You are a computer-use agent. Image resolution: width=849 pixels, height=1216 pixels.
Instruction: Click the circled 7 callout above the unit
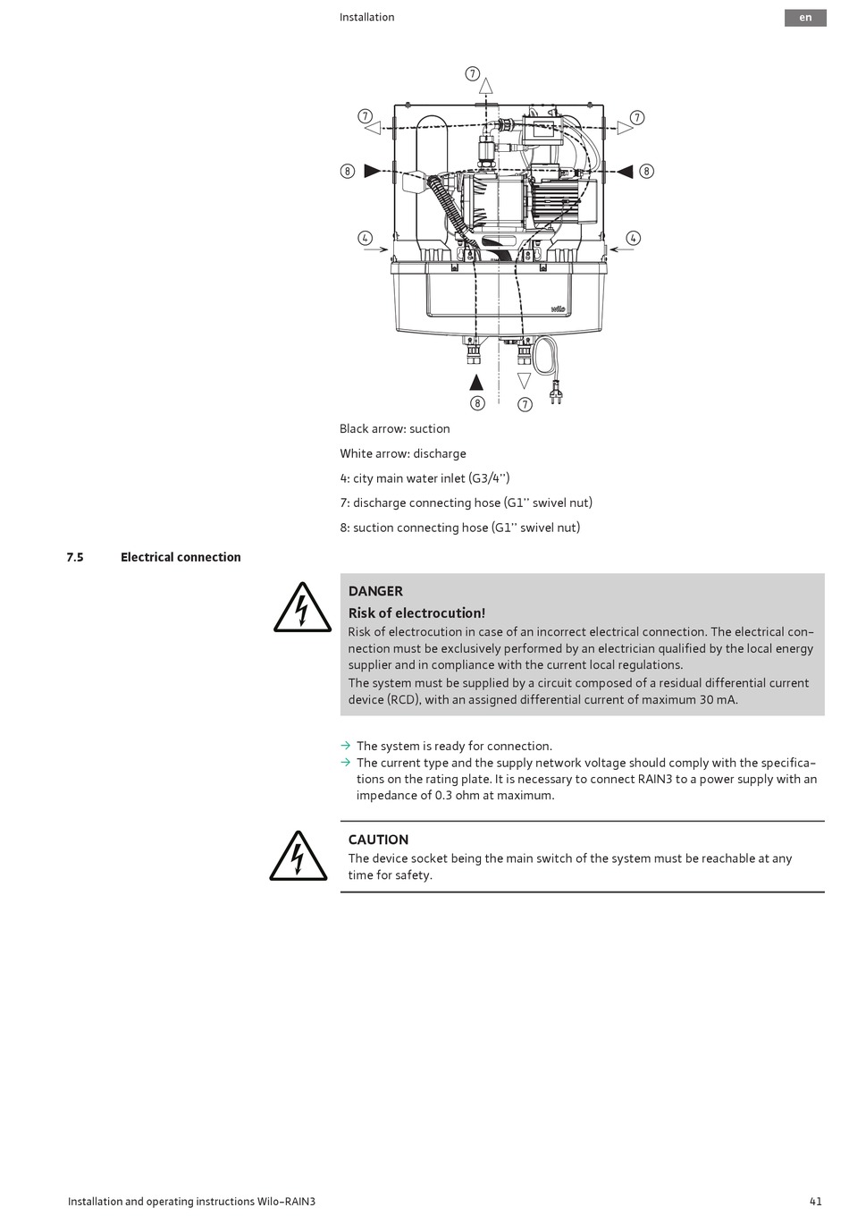pos(473,74)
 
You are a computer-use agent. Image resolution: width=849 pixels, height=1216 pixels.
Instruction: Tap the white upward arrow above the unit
pos(485,87)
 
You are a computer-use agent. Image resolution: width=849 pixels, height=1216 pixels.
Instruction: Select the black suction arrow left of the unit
pos(373,171)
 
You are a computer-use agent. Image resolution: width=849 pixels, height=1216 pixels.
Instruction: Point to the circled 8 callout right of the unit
pos(647,171)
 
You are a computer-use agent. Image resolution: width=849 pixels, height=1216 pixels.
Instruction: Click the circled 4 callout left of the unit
pos(365,238)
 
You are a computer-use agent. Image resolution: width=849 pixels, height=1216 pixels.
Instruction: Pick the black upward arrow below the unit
pos(476,383)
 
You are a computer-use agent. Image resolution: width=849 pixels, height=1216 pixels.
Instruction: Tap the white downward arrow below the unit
pos(525,382)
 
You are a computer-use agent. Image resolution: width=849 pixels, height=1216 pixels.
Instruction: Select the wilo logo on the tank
pos(557,308)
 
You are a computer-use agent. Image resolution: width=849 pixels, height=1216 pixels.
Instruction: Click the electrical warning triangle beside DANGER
pos(302,609)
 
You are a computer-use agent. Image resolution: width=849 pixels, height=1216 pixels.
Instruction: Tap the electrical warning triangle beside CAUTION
pos(298,857)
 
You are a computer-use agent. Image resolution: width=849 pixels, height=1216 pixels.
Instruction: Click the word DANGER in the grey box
pos(375,591)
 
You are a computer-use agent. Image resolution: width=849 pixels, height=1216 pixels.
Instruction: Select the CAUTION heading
pos(378,840)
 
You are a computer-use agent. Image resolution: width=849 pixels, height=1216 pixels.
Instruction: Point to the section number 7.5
pos(75,557)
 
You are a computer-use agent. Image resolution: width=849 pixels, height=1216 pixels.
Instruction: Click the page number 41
pos(815,1201)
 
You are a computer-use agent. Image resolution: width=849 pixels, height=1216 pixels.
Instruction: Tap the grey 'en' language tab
pos(805,18)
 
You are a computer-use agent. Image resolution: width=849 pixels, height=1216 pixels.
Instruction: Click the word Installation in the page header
pos(366,17)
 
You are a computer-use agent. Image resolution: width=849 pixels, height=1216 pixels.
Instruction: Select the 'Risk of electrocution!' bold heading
pos(416,612)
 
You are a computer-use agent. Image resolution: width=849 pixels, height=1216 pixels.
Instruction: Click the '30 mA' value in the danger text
pos(719,699)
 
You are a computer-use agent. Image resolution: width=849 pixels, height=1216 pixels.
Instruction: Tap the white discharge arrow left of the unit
pos(374,128)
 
